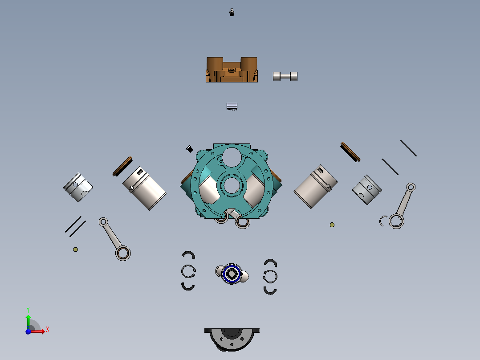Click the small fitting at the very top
click(231, 12)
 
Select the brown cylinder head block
click(232, 70)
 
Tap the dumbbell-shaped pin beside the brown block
click(285, 76)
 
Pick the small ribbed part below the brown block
click(232, 106)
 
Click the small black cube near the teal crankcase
click(190, 149)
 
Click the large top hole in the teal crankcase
click(231, 156)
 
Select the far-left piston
click(78, 187)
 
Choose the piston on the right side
click(367, 190)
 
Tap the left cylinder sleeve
click(144, 188)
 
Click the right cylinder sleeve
click(315, 186)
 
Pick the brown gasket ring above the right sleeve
click(350, 152)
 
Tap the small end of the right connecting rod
click(411, 187)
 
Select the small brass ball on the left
click(75, 250)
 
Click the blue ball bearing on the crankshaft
click(232, 274)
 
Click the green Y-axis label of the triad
click(28, 309)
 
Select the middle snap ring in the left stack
click(188, 270)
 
